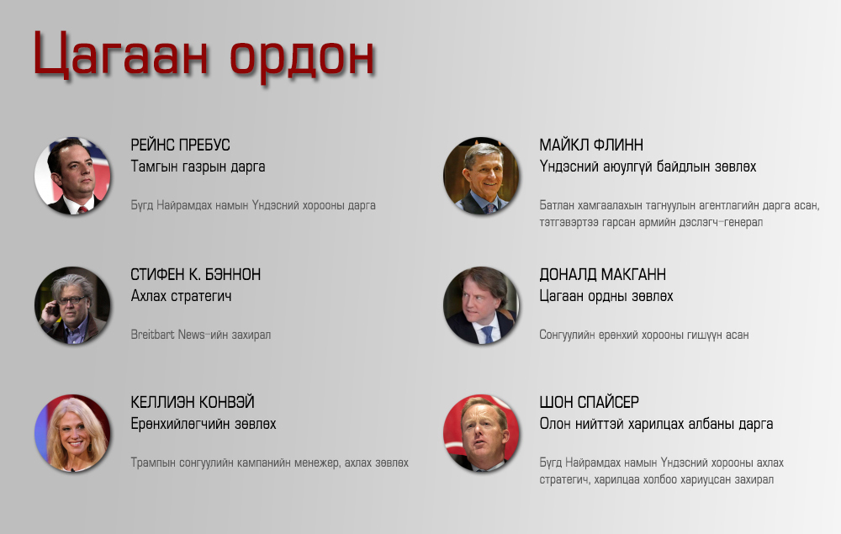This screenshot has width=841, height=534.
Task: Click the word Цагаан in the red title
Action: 120,55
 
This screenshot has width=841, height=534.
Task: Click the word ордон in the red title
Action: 302,57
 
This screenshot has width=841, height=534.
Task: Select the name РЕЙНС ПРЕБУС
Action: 180,145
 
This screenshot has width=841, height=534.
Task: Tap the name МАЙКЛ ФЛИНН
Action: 591,145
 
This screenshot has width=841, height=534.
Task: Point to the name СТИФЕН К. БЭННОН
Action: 196,274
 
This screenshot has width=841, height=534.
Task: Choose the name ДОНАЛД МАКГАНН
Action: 602,274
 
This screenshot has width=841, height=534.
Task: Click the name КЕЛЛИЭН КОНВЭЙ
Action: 193,402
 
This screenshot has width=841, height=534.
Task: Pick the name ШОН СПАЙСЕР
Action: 589,402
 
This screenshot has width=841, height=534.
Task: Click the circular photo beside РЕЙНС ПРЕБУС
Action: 72,176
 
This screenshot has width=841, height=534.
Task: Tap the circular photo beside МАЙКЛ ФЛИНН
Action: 481,176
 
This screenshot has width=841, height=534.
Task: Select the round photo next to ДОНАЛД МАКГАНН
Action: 481,305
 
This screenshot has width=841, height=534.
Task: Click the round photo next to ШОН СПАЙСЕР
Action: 481,433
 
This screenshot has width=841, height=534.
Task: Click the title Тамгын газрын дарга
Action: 198,167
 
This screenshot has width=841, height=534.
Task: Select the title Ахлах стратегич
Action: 182,296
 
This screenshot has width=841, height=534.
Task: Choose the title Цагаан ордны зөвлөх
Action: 606,297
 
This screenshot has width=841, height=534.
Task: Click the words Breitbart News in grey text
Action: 168,335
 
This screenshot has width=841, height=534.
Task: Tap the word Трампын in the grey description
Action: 153,463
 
